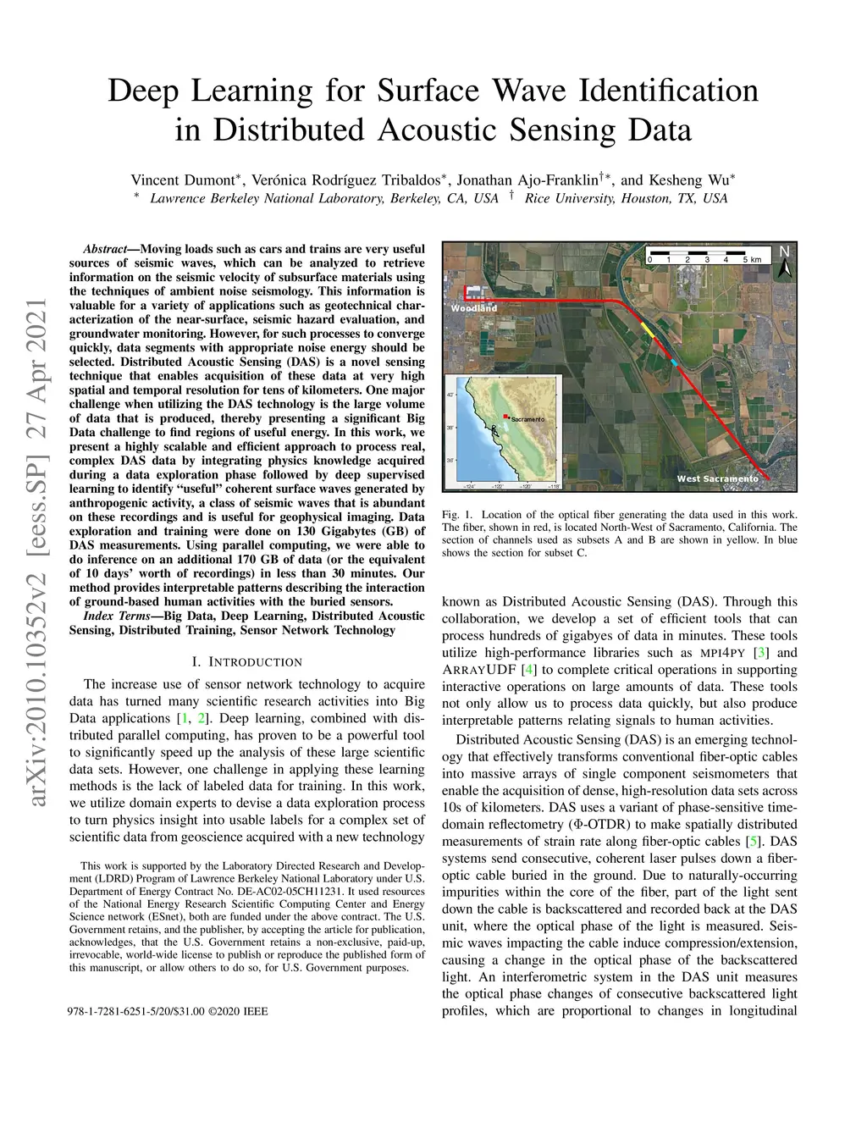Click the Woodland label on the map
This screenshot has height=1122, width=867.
pyautogui.click(x=473, y=308)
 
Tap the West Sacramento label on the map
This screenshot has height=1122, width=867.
pyautogui.click(x=717, y=479)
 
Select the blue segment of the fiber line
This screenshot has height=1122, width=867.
pyautogui.click(x=673, y=362)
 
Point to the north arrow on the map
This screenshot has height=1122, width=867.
pyautogui.click(x=785, y=262)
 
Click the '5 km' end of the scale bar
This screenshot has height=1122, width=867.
pyautogui.click(x=753, y=259)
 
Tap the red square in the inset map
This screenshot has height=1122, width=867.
pyautogui.click(x=506, y=417)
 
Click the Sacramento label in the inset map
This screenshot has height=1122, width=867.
pyautogui.click(x=527, y=420)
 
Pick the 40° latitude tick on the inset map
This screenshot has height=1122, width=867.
pyautogui.click(x=450, y=395)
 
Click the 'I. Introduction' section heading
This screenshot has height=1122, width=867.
pyautogui.click(x=246, y=661)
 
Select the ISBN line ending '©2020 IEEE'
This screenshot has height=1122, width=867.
pyautogui.click(x=167, y=1011)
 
